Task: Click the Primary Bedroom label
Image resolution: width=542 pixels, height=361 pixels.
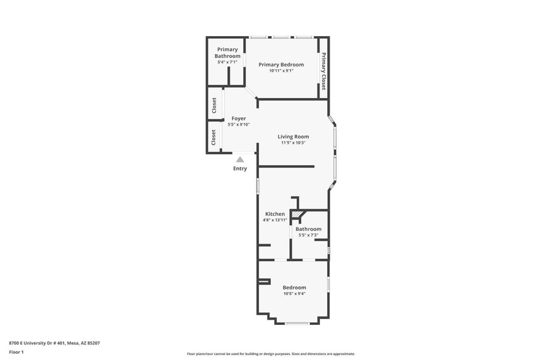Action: coord(281,64)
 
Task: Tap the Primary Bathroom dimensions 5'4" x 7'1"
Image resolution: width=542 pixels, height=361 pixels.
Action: coord(227,62)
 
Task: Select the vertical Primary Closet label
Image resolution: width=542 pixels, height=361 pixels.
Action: coord(323,71)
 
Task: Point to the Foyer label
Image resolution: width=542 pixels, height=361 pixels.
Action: coord(239,119)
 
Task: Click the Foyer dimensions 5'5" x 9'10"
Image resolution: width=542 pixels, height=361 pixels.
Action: coord(239,124)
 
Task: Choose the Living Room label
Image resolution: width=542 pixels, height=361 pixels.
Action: coord(293,137)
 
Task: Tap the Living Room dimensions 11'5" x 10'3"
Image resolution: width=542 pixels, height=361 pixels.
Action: coord(293,142)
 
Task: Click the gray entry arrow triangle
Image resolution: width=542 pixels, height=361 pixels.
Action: coord(240,159)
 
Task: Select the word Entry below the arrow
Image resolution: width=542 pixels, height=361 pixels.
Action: coord(240,169)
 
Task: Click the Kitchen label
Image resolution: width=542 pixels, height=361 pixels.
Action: coord(275,214)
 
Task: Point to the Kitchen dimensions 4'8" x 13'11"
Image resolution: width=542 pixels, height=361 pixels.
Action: coord(275,220)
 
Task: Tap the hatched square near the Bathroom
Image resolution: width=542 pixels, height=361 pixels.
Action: coord(296,215)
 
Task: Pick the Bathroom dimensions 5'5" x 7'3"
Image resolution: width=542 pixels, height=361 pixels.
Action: coord(308,235)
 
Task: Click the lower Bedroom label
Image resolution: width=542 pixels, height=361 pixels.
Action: coord(294,288)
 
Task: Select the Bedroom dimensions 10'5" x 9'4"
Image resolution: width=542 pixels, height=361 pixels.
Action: coord(294,294)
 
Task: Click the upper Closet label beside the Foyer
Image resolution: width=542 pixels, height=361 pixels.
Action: coord(214,105)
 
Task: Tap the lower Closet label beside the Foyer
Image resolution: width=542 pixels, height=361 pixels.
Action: coord(214,137)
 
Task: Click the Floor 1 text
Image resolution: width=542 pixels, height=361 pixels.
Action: coord(16,353)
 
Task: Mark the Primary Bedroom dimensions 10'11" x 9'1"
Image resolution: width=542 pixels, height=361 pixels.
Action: coord(281,71)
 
